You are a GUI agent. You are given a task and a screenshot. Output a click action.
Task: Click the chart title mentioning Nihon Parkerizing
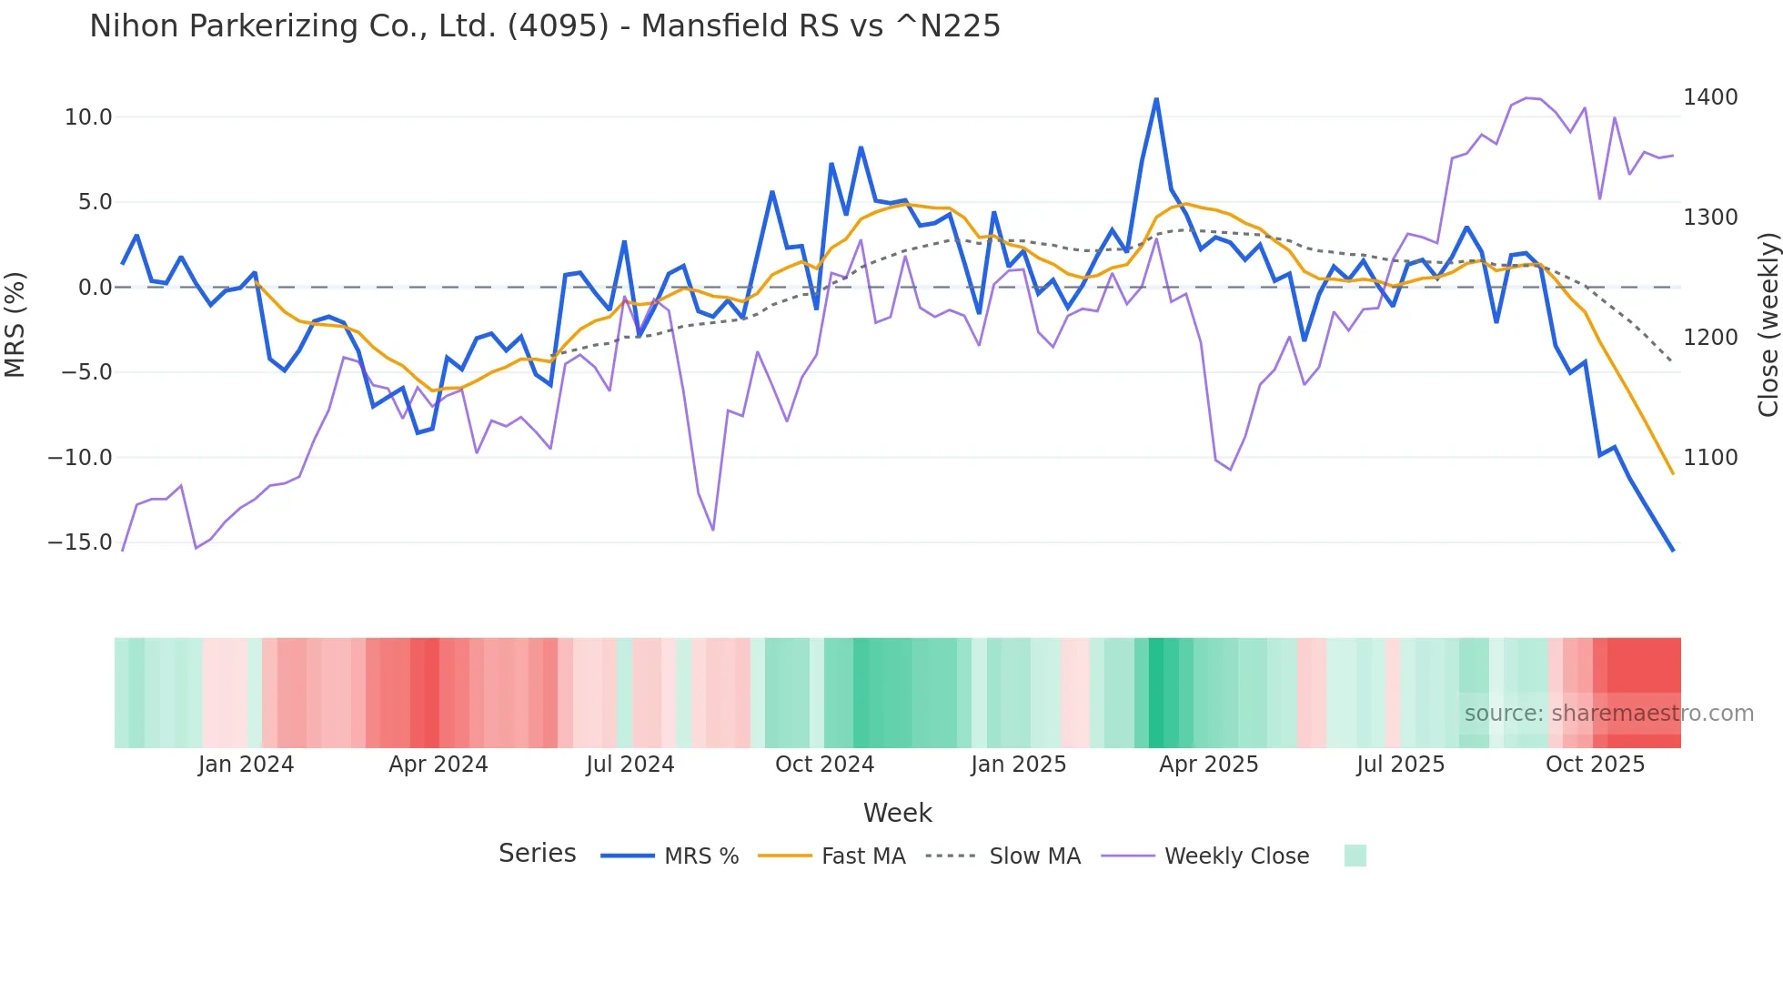(544, 26)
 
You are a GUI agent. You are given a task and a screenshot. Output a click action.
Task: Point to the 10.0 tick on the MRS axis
(87, 117)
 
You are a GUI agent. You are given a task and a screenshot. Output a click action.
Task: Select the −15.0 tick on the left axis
(80, 542)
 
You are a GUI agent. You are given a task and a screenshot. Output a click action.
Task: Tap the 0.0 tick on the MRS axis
(95, 288)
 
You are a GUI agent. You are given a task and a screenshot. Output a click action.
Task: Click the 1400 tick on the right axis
(1710, 97)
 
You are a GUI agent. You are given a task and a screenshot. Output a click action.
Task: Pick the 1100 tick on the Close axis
(1710, 458)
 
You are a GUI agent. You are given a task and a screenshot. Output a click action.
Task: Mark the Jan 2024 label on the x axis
(246, 765)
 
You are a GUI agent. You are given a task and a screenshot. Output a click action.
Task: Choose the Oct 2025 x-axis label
(1595, 765)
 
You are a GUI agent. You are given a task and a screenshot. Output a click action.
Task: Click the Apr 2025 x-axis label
(1208, 765)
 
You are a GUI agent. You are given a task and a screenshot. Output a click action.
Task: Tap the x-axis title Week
(897, 813)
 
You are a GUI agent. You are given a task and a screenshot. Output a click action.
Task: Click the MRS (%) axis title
(15, 325)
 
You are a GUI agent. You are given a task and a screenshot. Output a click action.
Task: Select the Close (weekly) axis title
(1768, 325)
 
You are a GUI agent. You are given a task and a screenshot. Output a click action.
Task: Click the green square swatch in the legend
(1355, 856)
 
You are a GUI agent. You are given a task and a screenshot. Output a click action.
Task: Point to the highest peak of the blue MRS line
(1156, 99)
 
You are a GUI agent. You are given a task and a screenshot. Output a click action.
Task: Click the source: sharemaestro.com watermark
(1608, 714)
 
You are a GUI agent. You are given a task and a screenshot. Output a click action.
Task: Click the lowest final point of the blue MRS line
(1672, 550)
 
